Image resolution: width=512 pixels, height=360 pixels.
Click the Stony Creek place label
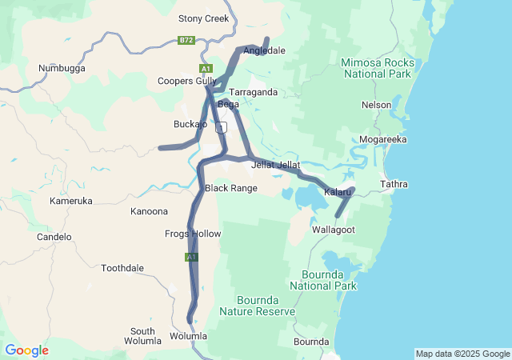tap(203, 18)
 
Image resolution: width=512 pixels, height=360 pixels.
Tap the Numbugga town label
tap(62, 69)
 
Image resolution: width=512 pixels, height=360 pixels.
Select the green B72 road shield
tap(186, 40)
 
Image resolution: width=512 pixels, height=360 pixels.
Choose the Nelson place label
tap(376, 105)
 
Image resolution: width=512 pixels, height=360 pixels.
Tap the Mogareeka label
tap(383, 139)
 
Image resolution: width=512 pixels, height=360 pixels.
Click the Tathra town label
tap(394, 184)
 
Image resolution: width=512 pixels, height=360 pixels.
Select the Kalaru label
tap(338, 192)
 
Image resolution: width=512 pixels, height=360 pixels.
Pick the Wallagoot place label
tap(333, 230)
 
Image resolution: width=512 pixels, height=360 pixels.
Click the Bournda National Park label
tap(323, 279)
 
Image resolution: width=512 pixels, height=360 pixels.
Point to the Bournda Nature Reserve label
tap(257, 306)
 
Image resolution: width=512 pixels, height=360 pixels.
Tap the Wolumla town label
tap(188, 336)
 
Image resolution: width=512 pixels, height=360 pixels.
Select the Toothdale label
tap(122, 268)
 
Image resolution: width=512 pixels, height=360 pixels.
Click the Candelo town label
tap(54, 237)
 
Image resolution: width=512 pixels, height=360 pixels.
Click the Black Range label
tap(231, 188)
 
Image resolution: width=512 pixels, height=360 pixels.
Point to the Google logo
tap(26, 350)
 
